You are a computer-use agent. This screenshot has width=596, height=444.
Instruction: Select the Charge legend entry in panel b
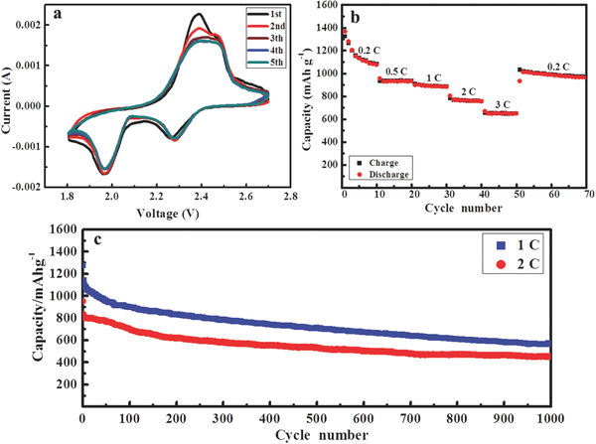[x=377, y=159]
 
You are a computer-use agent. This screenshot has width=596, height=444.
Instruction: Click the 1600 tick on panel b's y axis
[x=324, y=6]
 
